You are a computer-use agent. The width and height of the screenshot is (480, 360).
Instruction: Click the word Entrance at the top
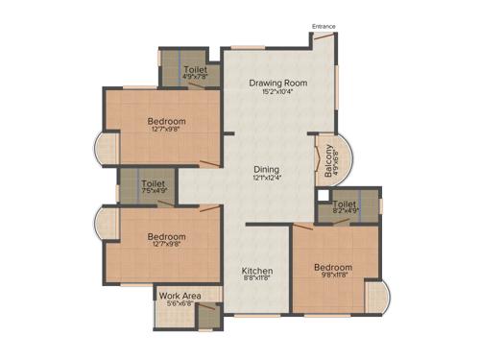coord(324,26)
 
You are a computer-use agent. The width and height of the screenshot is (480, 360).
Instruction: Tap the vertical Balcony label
coord(328,158)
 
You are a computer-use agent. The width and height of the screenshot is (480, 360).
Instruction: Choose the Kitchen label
coord(257,272)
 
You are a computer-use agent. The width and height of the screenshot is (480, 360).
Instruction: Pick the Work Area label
coord(180,295)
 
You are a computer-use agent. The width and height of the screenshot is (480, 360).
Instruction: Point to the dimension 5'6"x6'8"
coord(180,304)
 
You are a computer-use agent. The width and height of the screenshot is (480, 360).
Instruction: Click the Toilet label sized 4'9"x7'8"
coord(196,70)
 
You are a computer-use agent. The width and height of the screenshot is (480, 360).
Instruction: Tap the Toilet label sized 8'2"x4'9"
coord(345,204)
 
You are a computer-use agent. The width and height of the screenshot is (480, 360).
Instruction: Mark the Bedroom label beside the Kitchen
coord(332,268)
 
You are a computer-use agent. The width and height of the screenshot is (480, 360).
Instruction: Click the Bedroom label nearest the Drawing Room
coord(166,122)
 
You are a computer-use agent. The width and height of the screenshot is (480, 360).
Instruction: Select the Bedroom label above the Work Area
coord(166,235)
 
